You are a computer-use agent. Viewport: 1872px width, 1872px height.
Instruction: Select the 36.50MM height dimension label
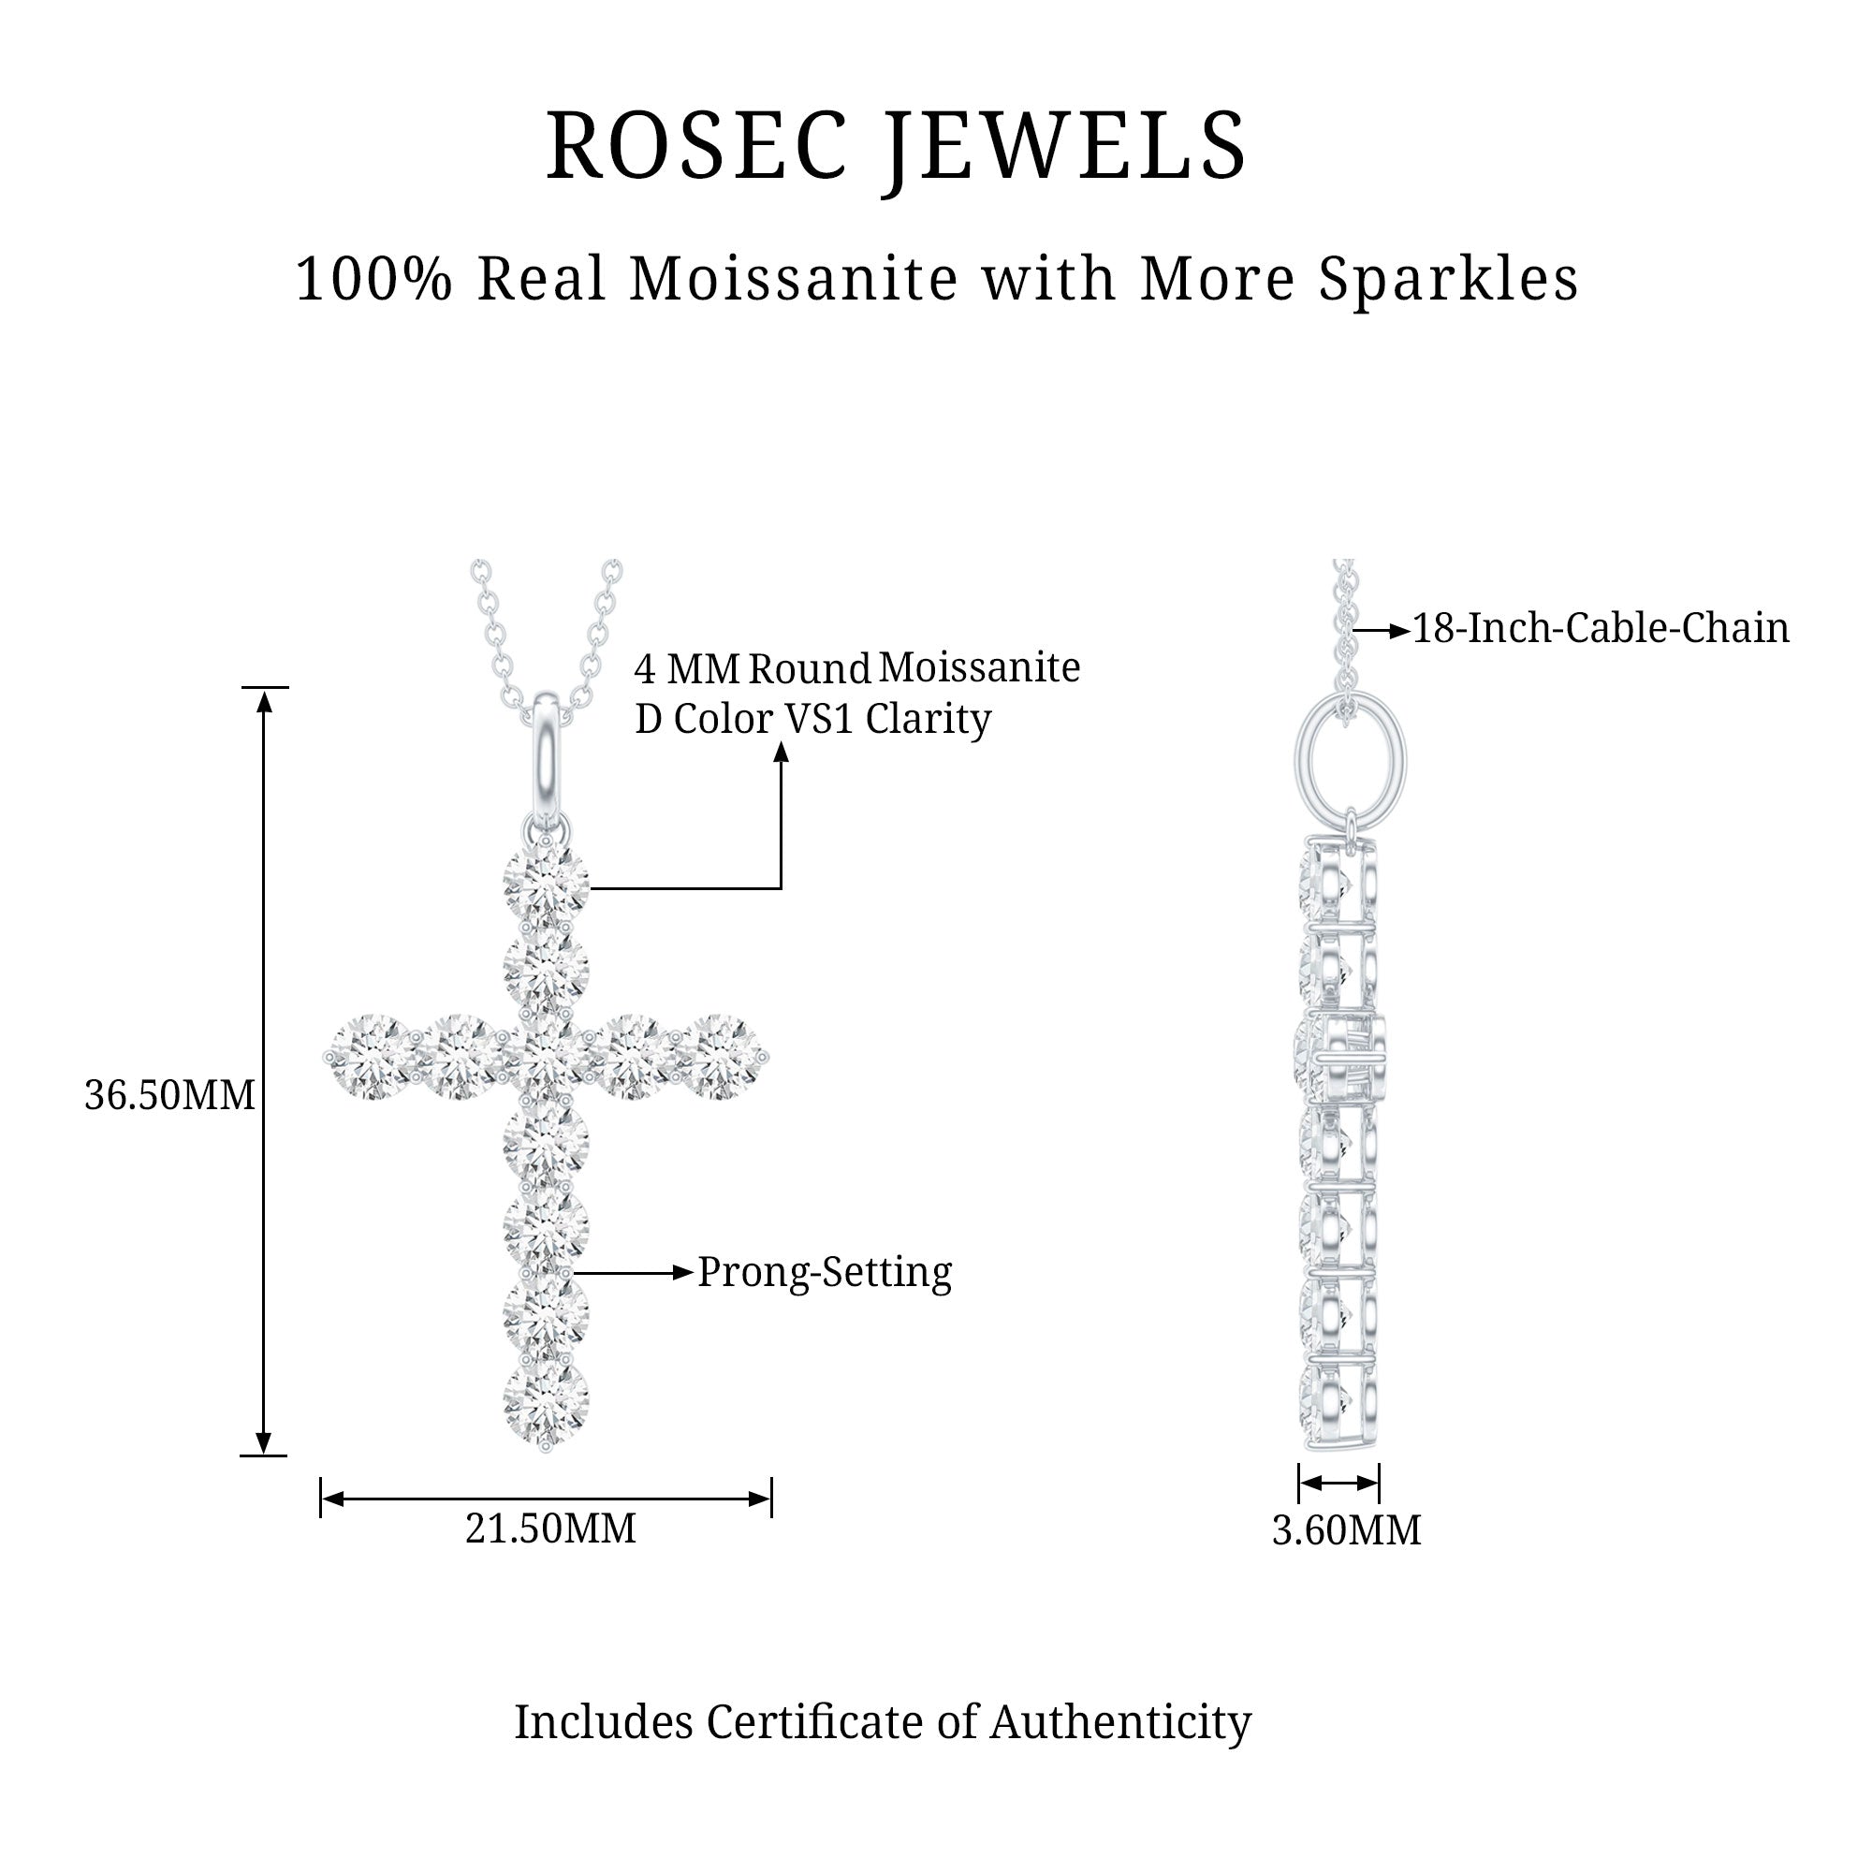(169, 1096)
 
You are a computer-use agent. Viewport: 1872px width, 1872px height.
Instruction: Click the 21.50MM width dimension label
(550, 1528)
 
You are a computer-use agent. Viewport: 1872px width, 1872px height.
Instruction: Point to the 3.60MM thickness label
(1346, 1530)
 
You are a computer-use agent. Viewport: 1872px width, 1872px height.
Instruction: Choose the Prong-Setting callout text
(825, 1272)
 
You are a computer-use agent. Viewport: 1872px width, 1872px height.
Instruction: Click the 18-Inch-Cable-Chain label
(1601, 628)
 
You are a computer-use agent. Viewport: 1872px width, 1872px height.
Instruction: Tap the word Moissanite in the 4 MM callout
(979, 667)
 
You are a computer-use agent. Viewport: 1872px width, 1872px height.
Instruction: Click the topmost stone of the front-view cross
(547, 882)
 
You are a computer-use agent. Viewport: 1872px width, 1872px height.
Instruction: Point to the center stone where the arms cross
(547, 1057)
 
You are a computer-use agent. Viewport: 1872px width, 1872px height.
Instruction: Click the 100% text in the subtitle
(374, 279)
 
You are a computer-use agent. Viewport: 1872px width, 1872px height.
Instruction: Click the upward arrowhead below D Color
(781, 752)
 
